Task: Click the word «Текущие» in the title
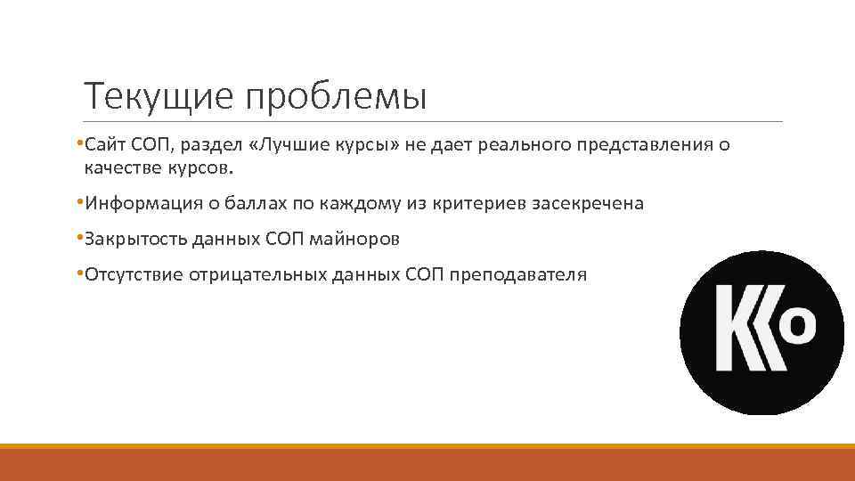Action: tap(158, 96)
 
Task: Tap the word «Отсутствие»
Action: tap(134, 274)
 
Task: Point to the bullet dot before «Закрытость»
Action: tap(79, 238)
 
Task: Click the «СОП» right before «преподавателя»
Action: tap(424, 274)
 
